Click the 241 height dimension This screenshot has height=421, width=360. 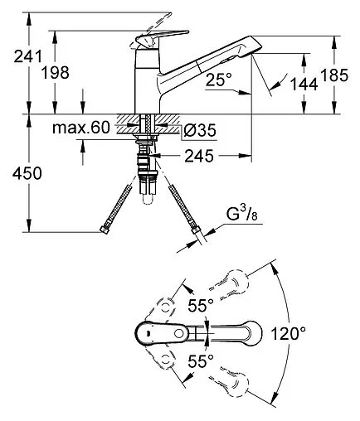pos(28,56)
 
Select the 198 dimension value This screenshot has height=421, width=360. pos(56,73)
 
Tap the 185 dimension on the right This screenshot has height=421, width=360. pos(334,75)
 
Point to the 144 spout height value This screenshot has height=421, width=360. pos(304,85)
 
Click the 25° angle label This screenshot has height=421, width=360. pos(218,80)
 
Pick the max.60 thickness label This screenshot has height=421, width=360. pos(81,128)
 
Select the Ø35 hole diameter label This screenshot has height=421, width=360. pos(200,130)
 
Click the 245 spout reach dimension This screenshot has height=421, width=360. pos(199,156)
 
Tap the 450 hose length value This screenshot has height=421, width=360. pos(27,173)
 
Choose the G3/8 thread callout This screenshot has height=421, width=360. pos(241,215)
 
